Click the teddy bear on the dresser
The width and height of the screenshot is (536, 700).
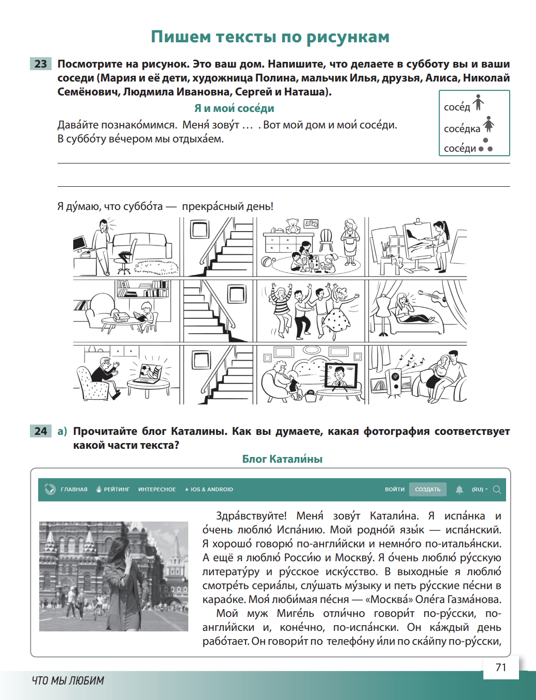[293, 225]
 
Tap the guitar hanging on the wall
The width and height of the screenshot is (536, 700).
[433, 297]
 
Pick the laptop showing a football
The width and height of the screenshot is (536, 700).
[152, 373]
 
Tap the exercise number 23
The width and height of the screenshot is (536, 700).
[41, 64]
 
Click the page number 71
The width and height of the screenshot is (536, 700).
[501, 668]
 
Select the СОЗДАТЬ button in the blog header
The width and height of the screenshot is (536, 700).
[428, 490]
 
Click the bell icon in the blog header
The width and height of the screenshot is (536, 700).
[459, 490]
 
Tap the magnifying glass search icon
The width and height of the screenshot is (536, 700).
[497, 490]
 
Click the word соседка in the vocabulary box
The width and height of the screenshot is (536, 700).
[462, 128]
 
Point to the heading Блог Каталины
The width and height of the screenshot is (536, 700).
[282, 459]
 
